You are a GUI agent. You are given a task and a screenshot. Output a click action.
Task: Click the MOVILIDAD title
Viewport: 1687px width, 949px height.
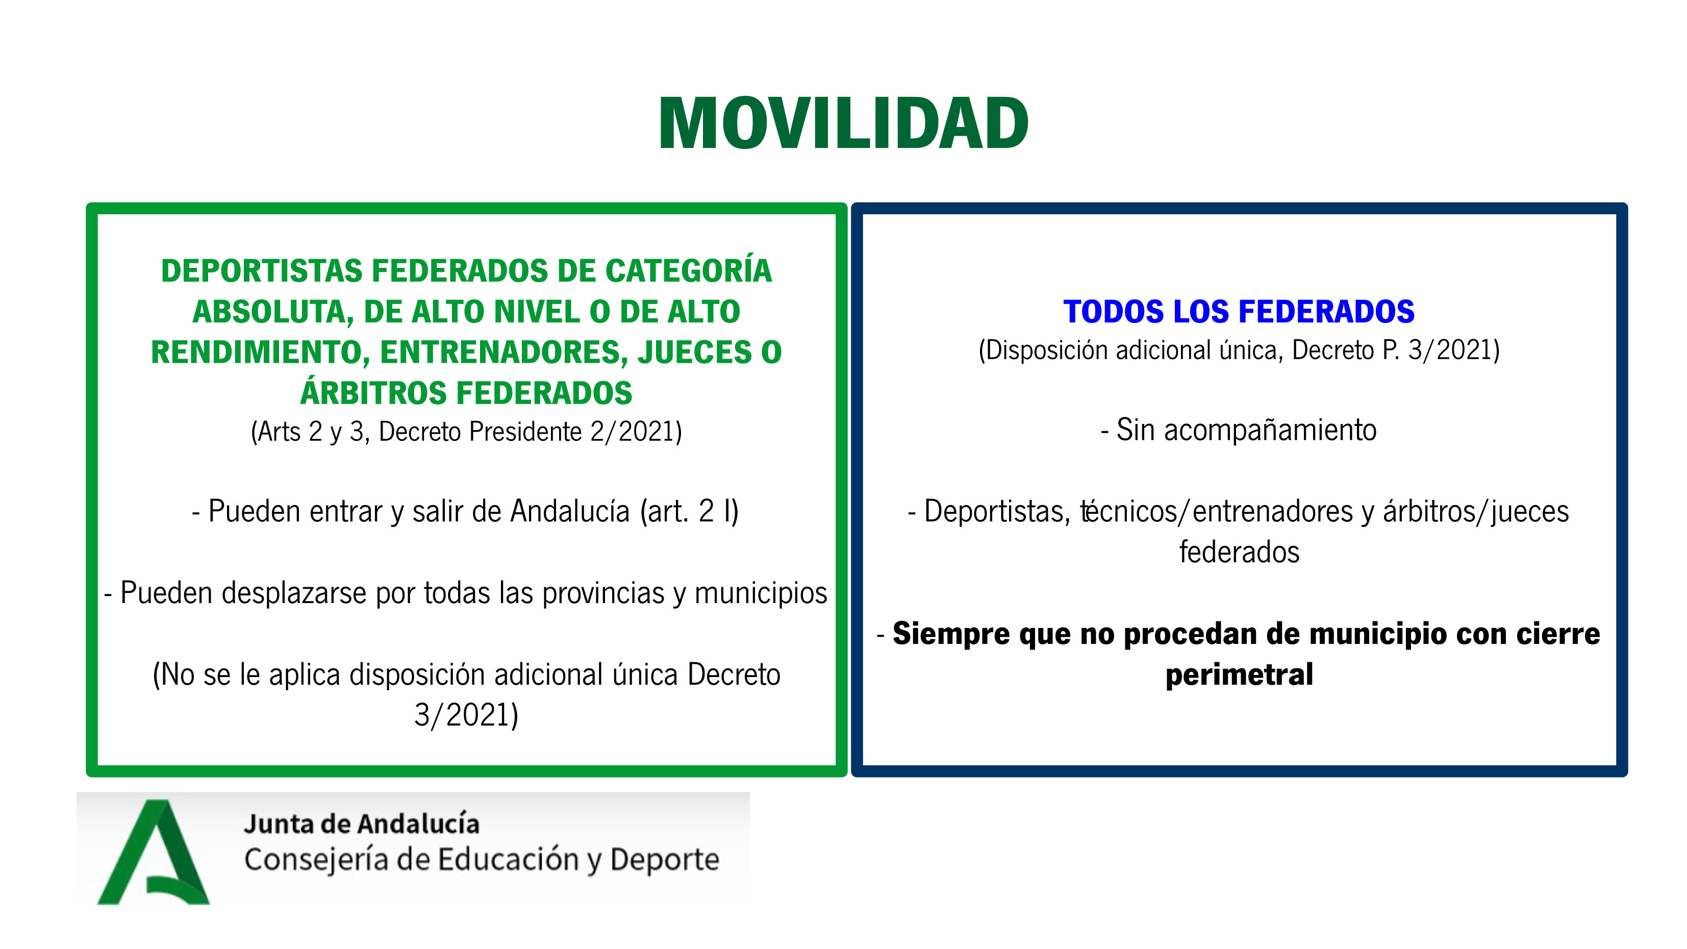point(844,123)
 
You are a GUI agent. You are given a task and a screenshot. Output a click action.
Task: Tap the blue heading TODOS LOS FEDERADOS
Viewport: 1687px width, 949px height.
point(1239,311)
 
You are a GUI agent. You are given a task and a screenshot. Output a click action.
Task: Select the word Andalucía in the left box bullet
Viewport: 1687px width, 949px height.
point(570,511)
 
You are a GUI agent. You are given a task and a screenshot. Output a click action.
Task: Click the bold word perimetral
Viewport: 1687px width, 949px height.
point(1239,674)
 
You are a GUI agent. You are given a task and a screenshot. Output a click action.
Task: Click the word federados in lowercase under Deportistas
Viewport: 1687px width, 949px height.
point(1239,552)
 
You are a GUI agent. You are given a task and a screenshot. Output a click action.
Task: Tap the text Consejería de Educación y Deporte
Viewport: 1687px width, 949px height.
point(482,860)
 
